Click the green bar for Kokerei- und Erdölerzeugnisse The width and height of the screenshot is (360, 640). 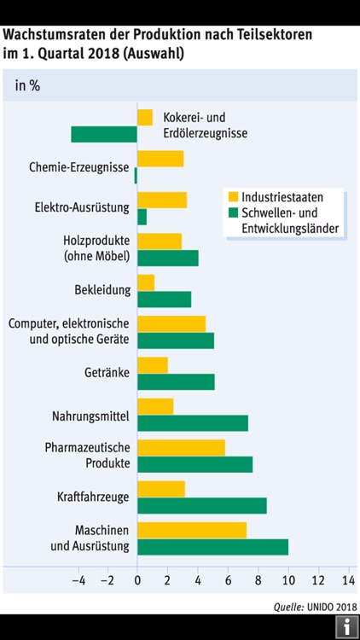tap(104, 134)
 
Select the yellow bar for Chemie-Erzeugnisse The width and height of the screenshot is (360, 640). tap(160, 159)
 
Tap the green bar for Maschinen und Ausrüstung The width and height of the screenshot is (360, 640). tap(212, 547)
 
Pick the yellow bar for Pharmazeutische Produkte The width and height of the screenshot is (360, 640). tap(181, 447)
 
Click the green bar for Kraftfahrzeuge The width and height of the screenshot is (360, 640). tap(201, 505)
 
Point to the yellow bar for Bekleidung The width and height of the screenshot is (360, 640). tap(146, 282)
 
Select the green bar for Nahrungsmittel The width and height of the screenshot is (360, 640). tap(193, 423)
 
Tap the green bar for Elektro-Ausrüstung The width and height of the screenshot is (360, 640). tap(142, 217)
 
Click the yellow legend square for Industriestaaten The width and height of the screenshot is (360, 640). tap(233, 196)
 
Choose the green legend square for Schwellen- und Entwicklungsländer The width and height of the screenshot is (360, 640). tap(233, 212)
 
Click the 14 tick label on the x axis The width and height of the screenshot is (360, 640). tap(348, 581)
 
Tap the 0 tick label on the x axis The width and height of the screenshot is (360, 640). tap(137, 581)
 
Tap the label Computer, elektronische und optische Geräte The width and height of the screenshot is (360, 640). tap(68, 331)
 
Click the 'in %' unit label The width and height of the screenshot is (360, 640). tap(27, 85)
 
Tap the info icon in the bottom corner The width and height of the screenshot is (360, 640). tap(347, 627)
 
